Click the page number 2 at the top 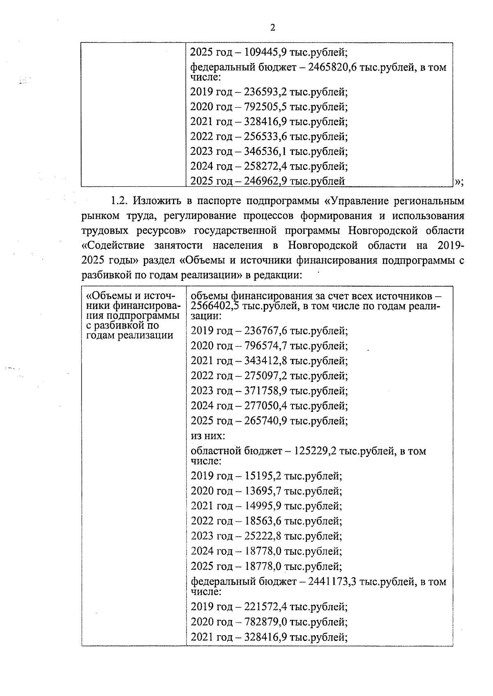click(x=272, y=28)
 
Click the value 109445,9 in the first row click(x=265, y=53)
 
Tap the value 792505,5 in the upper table click(x=265, y=107)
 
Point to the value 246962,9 click(x=265, y=181)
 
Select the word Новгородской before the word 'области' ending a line click(x=384, y=231)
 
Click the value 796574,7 click(x=265, y=346)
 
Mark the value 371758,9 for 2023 click(x=265, y=390)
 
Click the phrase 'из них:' click(x=208, y=436)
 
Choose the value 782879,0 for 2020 click(x=265, y=622)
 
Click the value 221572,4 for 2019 click(x=265, y=606)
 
